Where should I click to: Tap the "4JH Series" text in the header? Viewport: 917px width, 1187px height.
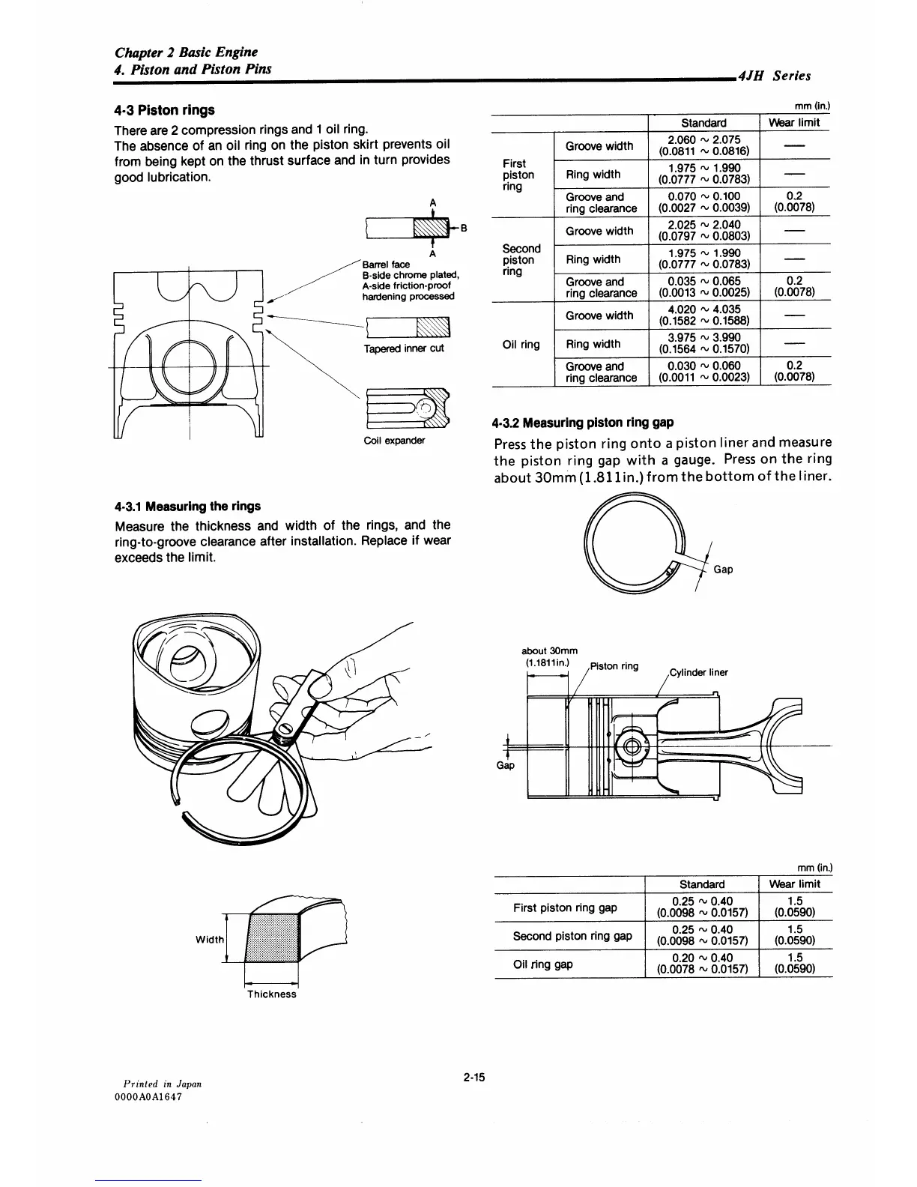(774, 76)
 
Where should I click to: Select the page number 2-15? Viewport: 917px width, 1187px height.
(474, 1078)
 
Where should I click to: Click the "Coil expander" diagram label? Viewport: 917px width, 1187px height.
(393, 440)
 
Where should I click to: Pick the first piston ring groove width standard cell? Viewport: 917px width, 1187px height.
(703, 145)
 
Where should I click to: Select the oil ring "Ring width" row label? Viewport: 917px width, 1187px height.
(593, 344)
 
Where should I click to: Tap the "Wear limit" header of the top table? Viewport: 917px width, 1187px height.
(794, 122)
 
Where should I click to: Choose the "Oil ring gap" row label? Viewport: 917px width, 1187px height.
(543, 964)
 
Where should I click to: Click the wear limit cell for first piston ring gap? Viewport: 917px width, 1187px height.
(795, 907)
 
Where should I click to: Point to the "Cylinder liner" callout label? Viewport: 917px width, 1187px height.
(697, 672)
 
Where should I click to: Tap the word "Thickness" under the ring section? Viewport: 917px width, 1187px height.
(272, 994)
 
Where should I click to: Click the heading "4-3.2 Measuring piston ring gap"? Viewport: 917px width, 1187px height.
(583, 422)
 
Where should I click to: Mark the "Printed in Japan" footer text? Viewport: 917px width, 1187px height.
(163, 1084)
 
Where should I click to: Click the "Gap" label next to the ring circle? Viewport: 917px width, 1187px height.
(723, 570)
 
